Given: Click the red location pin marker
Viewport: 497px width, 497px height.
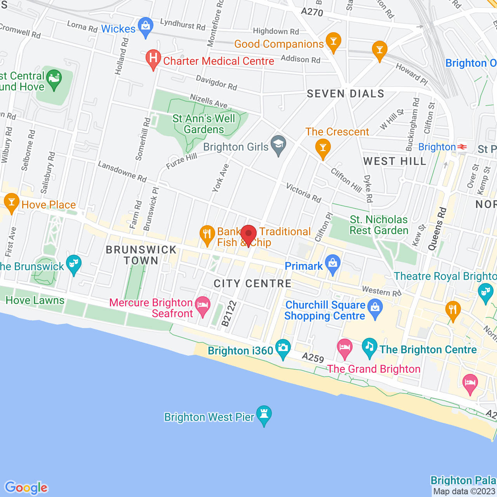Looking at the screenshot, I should coord(248,235).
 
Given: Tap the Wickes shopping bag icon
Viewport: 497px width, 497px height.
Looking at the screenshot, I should coord(146,27).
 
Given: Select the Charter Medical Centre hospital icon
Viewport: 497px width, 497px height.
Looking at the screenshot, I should coord(153,59).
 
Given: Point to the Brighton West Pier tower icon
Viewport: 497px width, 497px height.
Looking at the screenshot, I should coord(264,415).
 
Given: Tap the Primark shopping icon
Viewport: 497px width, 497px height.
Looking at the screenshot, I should coord(333,264).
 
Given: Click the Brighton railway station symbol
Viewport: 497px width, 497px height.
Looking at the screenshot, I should coord(462,147).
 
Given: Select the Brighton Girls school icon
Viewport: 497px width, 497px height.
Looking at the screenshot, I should coord(278,144).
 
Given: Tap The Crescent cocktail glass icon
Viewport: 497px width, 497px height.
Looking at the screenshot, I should coord(323,148).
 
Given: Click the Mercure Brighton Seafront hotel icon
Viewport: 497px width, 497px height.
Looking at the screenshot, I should coord(203,306).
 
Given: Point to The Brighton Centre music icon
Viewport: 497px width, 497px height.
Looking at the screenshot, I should coord(369,347).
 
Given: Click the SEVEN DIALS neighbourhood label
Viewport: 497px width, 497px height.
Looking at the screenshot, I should coord(346,94).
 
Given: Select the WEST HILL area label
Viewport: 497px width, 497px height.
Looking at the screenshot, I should coord(395,162).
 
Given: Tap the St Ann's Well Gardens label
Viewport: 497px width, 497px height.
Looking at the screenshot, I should coord(204,124).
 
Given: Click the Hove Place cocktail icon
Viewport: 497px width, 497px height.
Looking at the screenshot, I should coord(11,202).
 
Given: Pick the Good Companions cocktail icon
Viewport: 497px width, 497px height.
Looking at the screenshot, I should coord(333,42).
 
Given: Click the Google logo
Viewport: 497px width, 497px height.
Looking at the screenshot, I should coord(26,488).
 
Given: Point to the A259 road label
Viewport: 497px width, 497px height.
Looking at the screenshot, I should coord(313,358).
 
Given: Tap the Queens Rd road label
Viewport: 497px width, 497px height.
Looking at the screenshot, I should coord(437,229).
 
